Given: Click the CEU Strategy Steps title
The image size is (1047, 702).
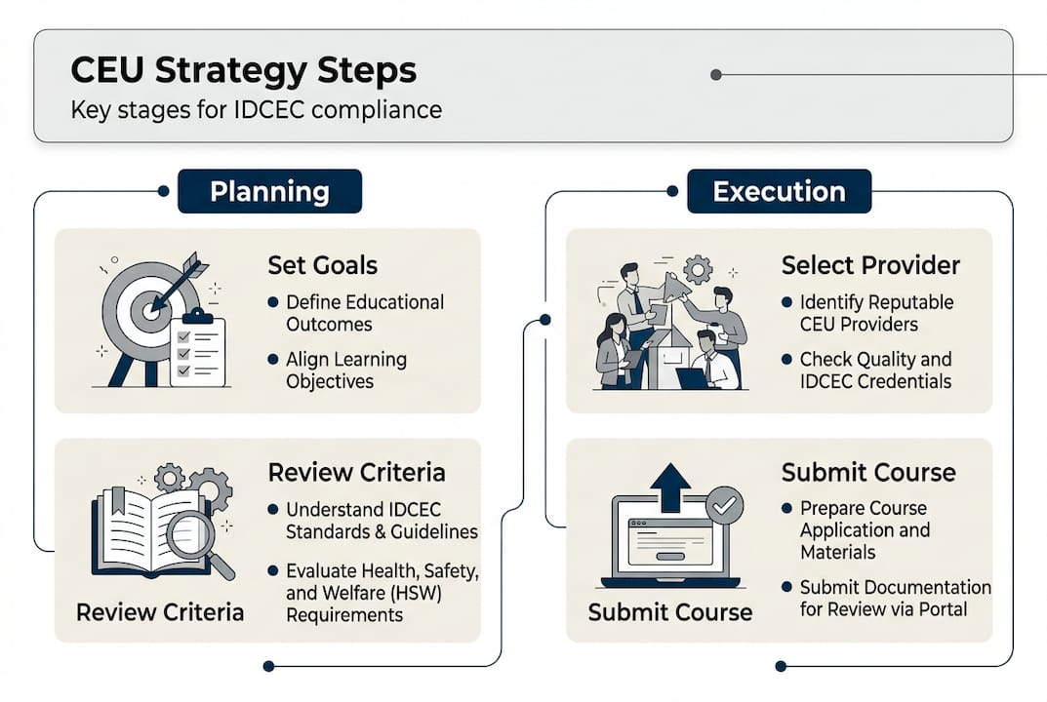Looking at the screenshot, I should (x=244, y=70).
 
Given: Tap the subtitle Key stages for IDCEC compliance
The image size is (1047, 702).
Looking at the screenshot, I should (x=256, y=109).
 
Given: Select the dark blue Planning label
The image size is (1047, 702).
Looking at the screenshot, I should (x=269, y=191).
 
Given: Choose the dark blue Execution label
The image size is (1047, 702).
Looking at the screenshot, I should (x=779, y=191).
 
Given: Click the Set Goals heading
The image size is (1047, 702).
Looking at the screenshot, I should (x=322, y=264).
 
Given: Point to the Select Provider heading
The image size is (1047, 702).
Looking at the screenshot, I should (x=870, y=264).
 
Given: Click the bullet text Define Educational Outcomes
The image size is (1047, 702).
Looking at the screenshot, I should (x=364, y=313).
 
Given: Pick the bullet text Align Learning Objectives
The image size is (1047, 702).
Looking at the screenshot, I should (x=345, y=370).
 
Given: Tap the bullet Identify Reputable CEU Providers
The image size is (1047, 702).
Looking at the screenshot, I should (x=876, y=313).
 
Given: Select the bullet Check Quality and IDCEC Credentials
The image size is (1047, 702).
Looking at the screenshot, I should (x=875, y=370).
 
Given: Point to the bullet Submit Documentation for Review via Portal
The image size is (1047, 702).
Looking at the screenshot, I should (x=895, y=598).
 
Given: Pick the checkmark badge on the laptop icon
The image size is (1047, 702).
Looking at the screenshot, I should (x=723, y=505).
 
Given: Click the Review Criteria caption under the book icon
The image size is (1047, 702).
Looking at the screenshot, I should (x=160, y=613).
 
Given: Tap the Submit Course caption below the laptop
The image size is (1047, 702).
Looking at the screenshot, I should (x=669, y=613).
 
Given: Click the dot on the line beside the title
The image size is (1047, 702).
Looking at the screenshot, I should (x=716, y=74).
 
